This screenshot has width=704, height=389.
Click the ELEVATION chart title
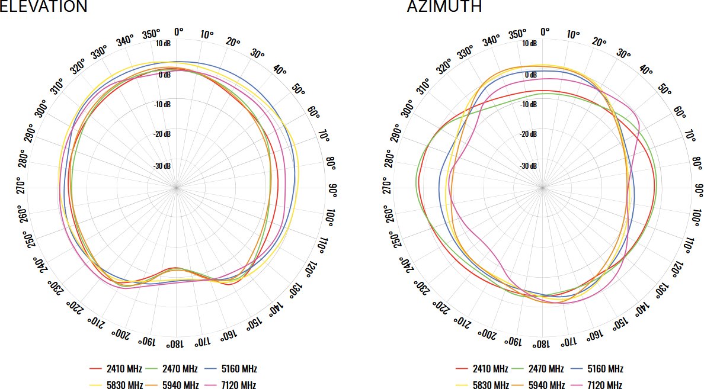pyautogui.click(x=44, y=7)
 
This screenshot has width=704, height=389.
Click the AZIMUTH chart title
pyautogui.click(x=444, y=7)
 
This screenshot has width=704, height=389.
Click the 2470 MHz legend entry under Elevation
pyautogui.click(x=175, y=369)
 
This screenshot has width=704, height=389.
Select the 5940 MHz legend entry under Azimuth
pyautogui.click(x=542, y=385)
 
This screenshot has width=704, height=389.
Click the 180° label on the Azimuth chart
pyautogui.click(x=540, y=343)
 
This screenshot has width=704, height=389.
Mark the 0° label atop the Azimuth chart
pyautogui.click(x=545, y=31)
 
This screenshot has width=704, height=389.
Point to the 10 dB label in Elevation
pyautogui.click(x=163, y=44)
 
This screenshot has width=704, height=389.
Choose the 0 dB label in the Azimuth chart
pyautogui.click(x=531, y=75)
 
